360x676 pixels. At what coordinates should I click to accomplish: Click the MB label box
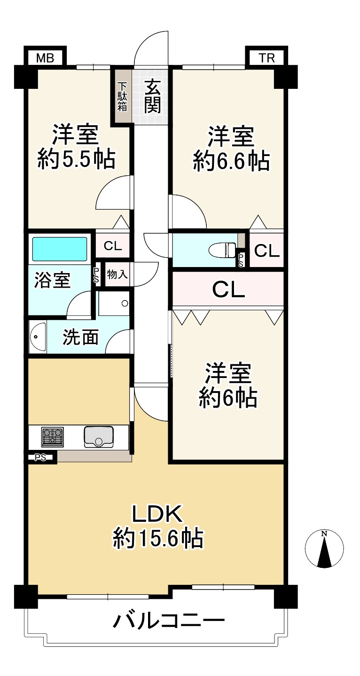[x=45, y=58]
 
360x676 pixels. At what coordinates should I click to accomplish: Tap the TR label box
[x=266, y=58]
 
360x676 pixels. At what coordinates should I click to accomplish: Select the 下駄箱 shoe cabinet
[x=122, y=96]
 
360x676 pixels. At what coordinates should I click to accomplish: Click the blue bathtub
[x=60, y=249]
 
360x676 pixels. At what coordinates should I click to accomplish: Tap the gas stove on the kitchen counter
[x=52, y=437]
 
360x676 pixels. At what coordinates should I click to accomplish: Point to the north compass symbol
[x=324, y=549]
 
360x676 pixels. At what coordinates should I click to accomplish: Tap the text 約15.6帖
[x=158, y=538]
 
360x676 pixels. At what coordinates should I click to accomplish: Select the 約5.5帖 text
[x=76, y=160]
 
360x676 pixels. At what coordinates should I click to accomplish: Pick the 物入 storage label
[x=117, y=275]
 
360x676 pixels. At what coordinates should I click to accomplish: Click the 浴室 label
[x=53, y=281]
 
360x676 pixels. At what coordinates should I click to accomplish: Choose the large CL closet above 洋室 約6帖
[x=228, y=290]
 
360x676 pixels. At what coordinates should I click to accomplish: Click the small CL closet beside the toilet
[x=266, y=251]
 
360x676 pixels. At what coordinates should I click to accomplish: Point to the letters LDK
[x=157, y=514]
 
